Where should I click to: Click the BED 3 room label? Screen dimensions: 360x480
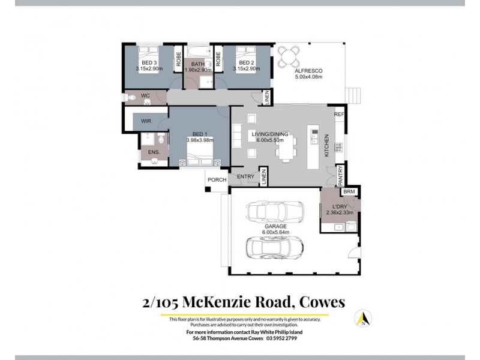pos(149,63)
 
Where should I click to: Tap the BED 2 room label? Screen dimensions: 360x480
pos(246,63)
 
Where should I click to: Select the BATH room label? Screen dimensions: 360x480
pos(198,63)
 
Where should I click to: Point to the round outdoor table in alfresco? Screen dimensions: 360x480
pos(291,55)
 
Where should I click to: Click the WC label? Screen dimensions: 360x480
pos(145,95)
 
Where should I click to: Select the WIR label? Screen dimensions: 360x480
pos(146,121)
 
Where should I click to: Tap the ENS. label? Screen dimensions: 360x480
pos(154,152)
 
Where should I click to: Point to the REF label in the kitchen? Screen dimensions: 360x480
pos(338,114)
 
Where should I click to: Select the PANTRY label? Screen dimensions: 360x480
pos(340,174)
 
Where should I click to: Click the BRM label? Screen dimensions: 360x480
pos(349,191)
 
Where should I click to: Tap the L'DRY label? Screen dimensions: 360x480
pos(340,206)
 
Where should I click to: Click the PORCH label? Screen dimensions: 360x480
pos(216,179)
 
